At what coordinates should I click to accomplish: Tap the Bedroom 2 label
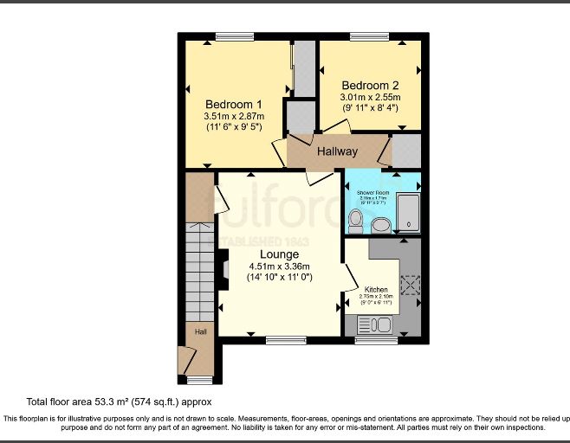tap(370, 86)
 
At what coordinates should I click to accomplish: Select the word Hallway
tap(337, 151)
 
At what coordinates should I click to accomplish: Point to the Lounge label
tap(278, 254)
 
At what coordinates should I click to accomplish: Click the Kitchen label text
tap(376, 289)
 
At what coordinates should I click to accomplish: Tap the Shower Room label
tap(369, 192)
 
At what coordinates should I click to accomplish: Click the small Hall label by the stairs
tap(200, 331)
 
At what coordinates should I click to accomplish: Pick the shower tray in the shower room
tap(408, 213)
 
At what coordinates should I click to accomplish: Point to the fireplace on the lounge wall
tap(223, 269)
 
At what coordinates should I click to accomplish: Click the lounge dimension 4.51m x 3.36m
tap(279, 266)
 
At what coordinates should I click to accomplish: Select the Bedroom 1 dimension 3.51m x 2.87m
tap(234, 116)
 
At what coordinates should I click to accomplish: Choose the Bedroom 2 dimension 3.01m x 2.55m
tap(370, 99)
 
